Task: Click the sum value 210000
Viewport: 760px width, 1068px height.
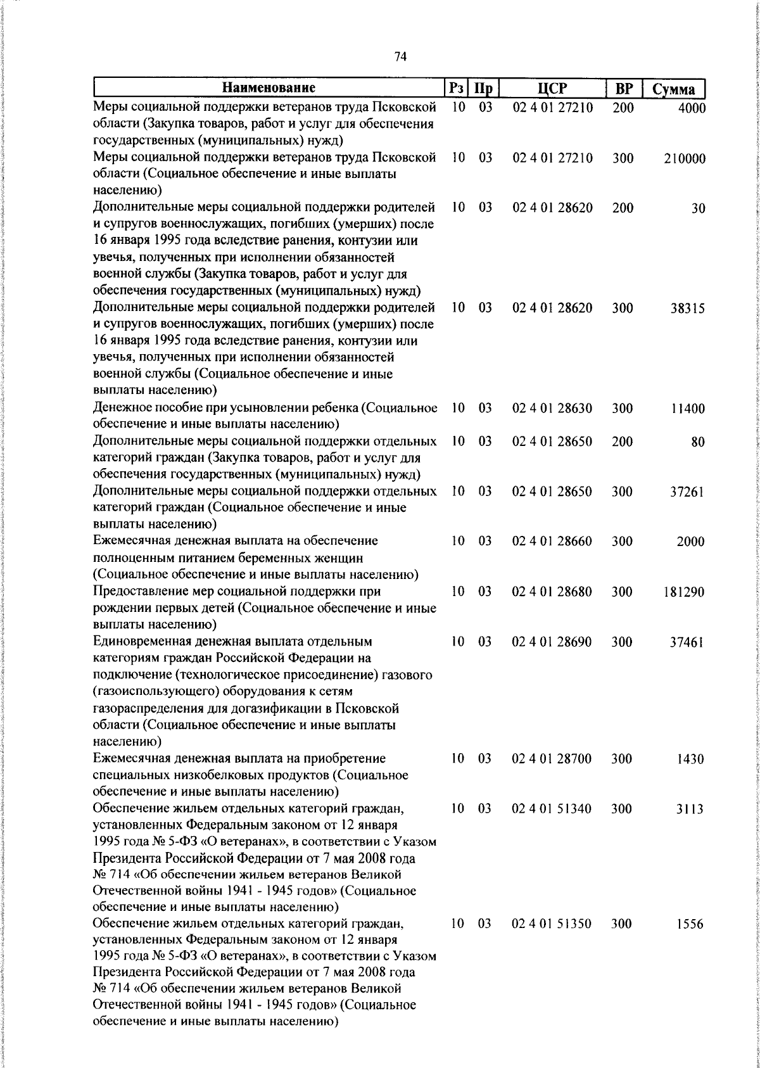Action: pyautogui.click(x=685, y=159)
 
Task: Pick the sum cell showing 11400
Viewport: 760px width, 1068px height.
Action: pyautogui.click(x=688, y=409)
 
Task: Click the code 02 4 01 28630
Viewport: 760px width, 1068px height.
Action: pyautogui.click(x=552, y=409)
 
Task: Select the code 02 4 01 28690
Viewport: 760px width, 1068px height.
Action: pyautogui.click(x=552, y=642)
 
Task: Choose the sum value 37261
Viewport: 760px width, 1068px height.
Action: pyautogui.click(x=688, y=492)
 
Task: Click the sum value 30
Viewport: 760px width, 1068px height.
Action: pyautogui.click(x=698, y=209)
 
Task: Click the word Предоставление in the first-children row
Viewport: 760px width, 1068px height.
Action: pyautogui.click(x=139, y=592)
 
